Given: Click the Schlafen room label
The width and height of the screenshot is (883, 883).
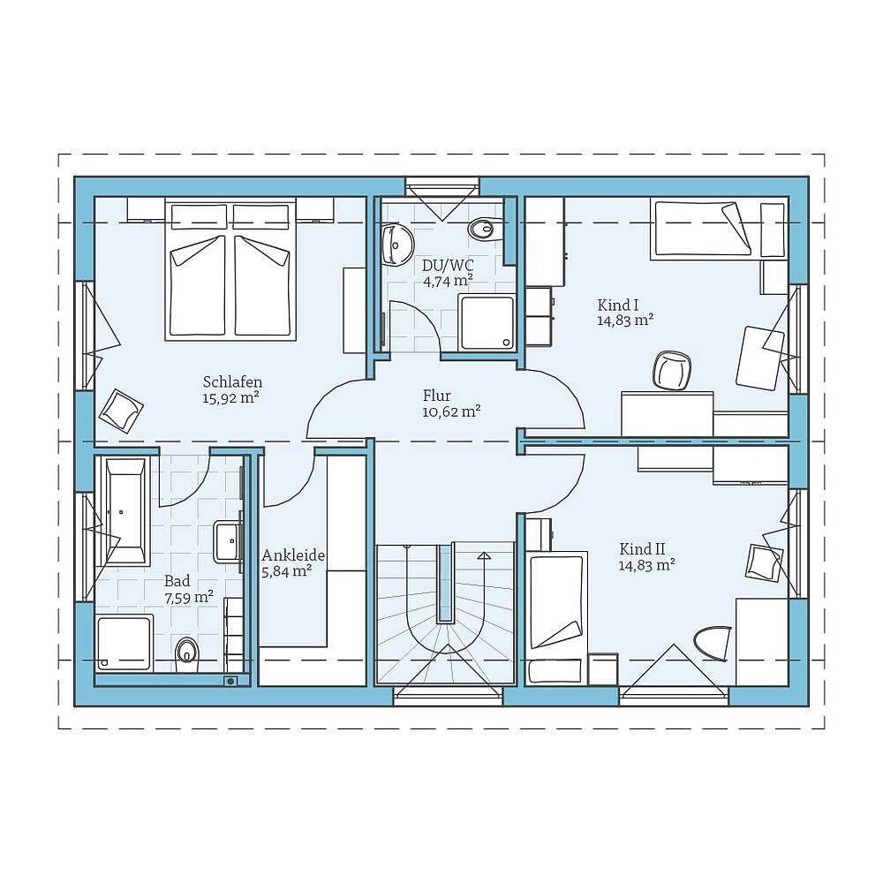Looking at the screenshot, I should pyautogui.click(x=232, y=382).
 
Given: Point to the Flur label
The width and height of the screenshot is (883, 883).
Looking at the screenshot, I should pyautogui.click(x=436, y=396).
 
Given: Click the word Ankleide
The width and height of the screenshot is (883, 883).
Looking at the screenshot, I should pyautogui.click(x=293, y=555).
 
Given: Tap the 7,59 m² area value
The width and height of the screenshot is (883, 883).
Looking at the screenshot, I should pyautogui.click(x=189, y=597).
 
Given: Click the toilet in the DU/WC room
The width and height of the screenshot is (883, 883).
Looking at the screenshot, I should pyautogui.click(x=483, y=229).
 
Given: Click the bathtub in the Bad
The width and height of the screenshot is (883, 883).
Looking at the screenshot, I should pyautogui.click(x=125, y=511).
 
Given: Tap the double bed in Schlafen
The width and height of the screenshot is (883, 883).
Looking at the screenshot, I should pyautogui.click(x=230, y=271).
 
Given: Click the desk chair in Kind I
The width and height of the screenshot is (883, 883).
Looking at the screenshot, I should pyautogui.click(x=673, y=370).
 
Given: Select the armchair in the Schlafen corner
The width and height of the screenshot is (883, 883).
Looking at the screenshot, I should pyautogui.click(x=121, y=409).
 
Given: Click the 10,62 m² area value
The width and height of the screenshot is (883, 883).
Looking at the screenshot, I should pyautogui.click(x=451, y=411).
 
